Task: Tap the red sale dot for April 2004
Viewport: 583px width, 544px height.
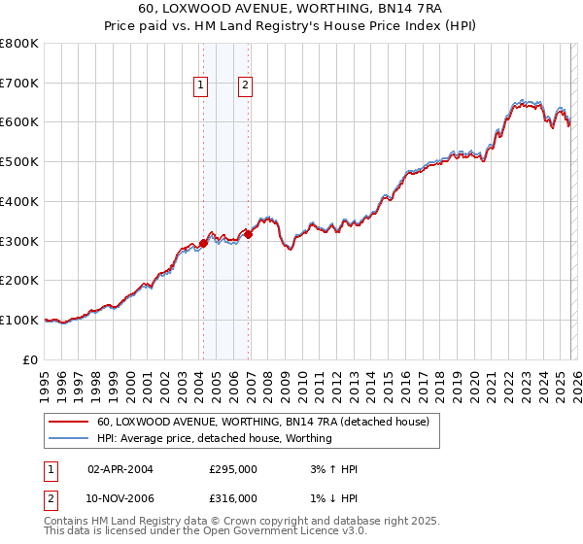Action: pos(203,243)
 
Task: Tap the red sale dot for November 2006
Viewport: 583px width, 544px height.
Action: pos(249,234)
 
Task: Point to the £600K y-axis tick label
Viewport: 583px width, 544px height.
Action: pos(19,122)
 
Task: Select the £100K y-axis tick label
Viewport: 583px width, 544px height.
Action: pos(19,320)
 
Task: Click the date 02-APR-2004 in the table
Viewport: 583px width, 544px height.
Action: pos(120,469)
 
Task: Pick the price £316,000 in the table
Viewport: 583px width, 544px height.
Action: pos(233,498)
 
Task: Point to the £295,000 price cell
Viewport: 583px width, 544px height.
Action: pos(233,469)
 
